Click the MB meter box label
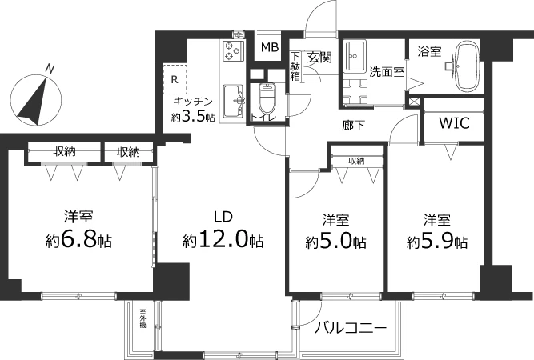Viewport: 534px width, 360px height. (x=270, y=47)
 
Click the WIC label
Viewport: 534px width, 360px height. (x=454, y=123)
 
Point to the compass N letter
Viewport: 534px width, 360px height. (x=50, y=69)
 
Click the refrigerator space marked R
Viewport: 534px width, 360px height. (x=175, y=78)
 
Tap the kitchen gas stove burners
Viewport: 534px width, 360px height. (x=233, y=51)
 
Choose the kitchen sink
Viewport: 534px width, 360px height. (x=233, y=101)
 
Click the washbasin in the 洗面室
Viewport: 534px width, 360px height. (x=355, y=56)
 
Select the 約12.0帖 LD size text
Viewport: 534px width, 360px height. (x=223, y=241)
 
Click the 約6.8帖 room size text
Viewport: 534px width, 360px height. (x=78, y=241)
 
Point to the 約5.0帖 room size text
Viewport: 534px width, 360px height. (x=335, y=242)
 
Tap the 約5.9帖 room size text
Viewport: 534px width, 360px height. (x=437, y=242)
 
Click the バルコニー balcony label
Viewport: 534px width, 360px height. (x=351, y=328)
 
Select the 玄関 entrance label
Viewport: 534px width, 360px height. (x=319, y=58)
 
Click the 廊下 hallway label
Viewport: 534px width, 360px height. (x=354, y=126)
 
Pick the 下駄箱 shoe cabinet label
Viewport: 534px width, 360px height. (x=295, y=66)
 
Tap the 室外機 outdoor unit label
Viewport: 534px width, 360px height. (x=143, y=318)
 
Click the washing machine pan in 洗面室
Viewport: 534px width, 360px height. (x=355, y=92)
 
